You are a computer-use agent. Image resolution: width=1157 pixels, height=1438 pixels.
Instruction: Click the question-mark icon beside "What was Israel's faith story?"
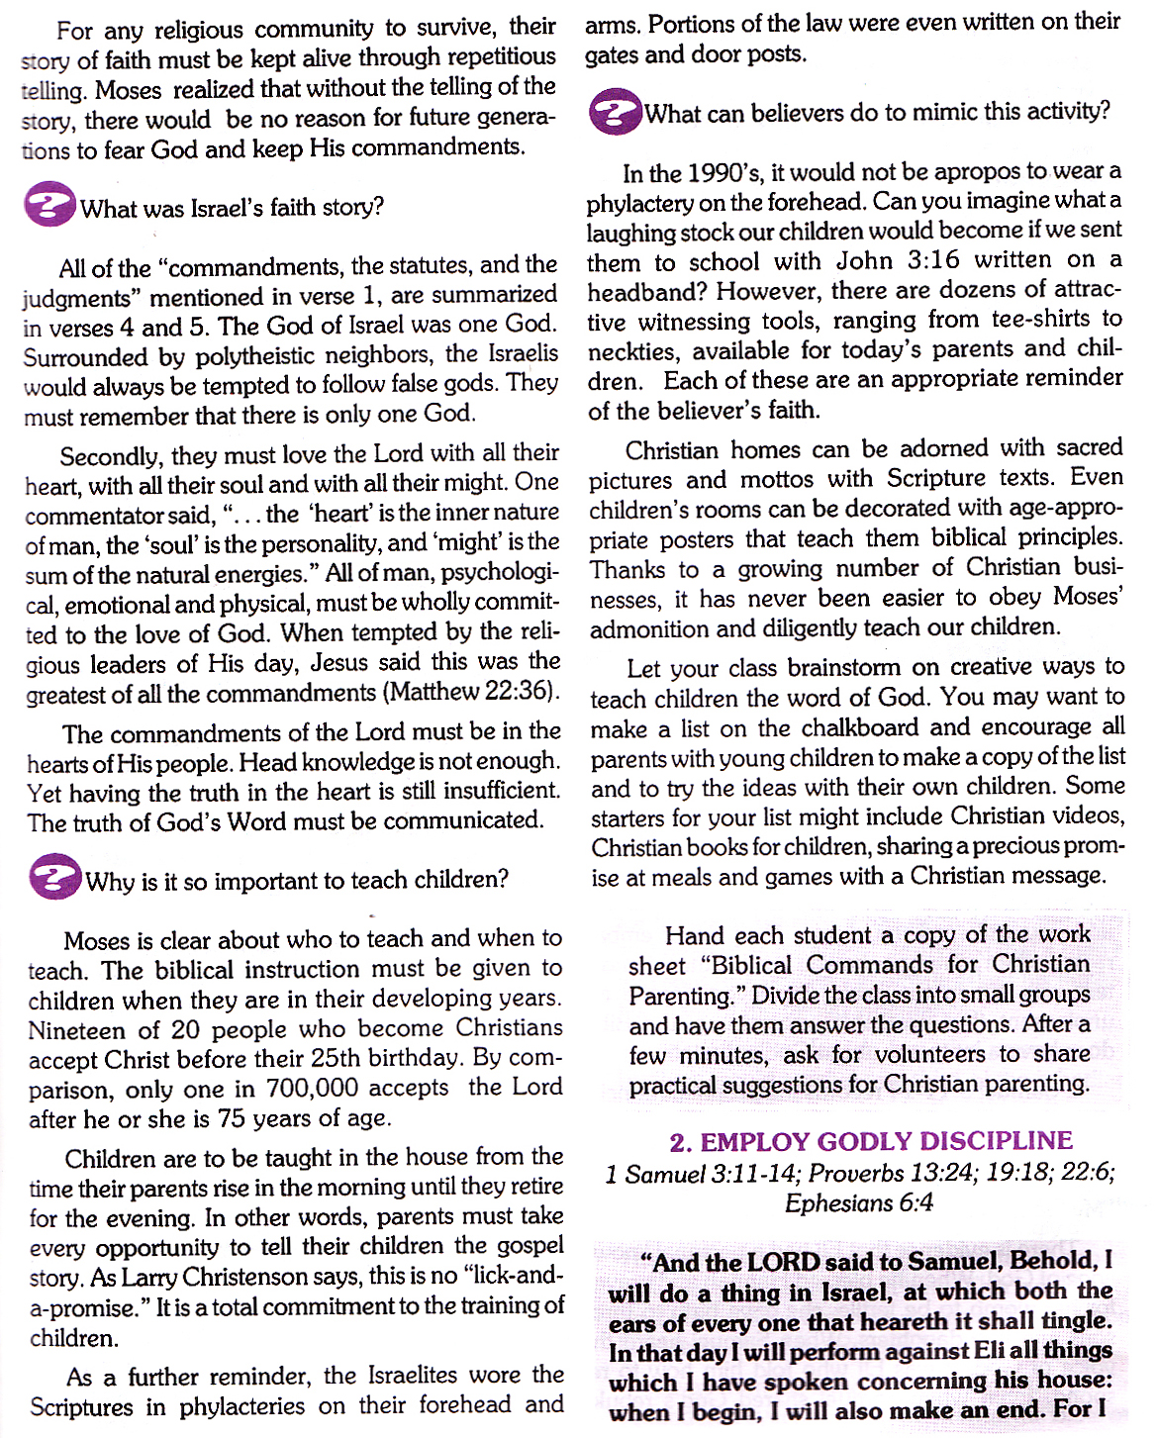click(49, 206)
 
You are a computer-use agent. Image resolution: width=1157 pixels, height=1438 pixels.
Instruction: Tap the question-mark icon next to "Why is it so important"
click(54, 878)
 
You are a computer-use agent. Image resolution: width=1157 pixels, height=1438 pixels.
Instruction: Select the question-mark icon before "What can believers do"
click(615, 112)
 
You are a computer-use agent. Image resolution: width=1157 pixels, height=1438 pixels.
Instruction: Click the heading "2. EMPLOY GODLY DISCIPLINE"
click(871, 1141)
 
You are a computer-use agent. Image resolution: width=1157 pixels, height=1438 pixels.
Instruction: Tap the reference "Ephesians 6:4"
click(859, 1203)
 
